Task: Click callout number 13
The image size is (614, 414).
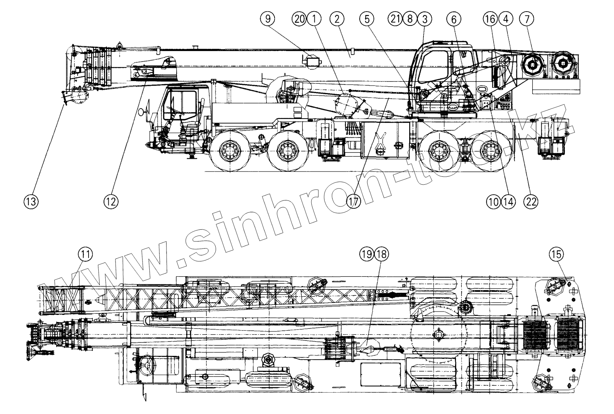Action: pos(32,202)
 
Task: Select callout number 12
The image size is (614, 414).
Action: pos(111,202)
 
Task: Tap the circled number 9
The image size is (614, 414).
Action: pos(268,19)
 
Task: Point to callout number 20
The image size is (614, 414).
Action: pos(300,19)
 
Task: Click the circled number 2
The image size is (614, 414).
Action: pos(336,19)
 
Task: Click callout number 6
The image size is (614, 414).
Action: pos(454,19)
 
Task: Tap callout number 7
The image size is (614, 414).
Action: pos(526,19)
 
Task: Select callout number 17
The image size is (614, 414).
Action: pos(353,202)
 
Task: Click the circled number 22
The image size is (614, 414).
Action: pos(531,202)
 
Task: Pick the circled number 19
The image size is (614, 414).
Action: pos(367,254)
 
